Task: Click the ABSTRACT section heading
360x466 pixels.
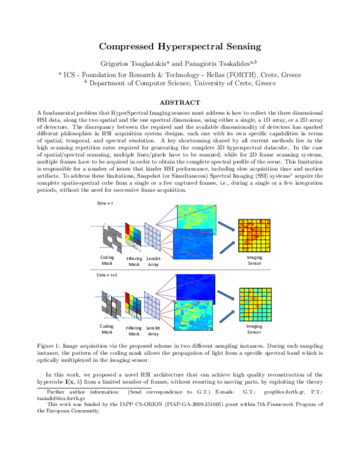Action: (x=180, y=103)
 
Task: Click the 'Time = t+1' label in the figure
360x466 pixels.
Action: (x=107, y=274)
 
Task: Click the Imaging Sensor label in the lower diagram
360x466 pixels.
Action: (x=254, y=329)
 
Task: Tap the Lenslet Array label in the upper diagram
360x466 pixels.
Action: (x=153, y=261)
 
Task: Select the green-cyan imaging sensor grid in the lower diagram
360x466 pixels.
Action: (x=254, y=303)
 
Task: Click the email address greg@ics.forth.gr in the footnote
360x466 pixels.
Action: (x=299, y=390)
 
